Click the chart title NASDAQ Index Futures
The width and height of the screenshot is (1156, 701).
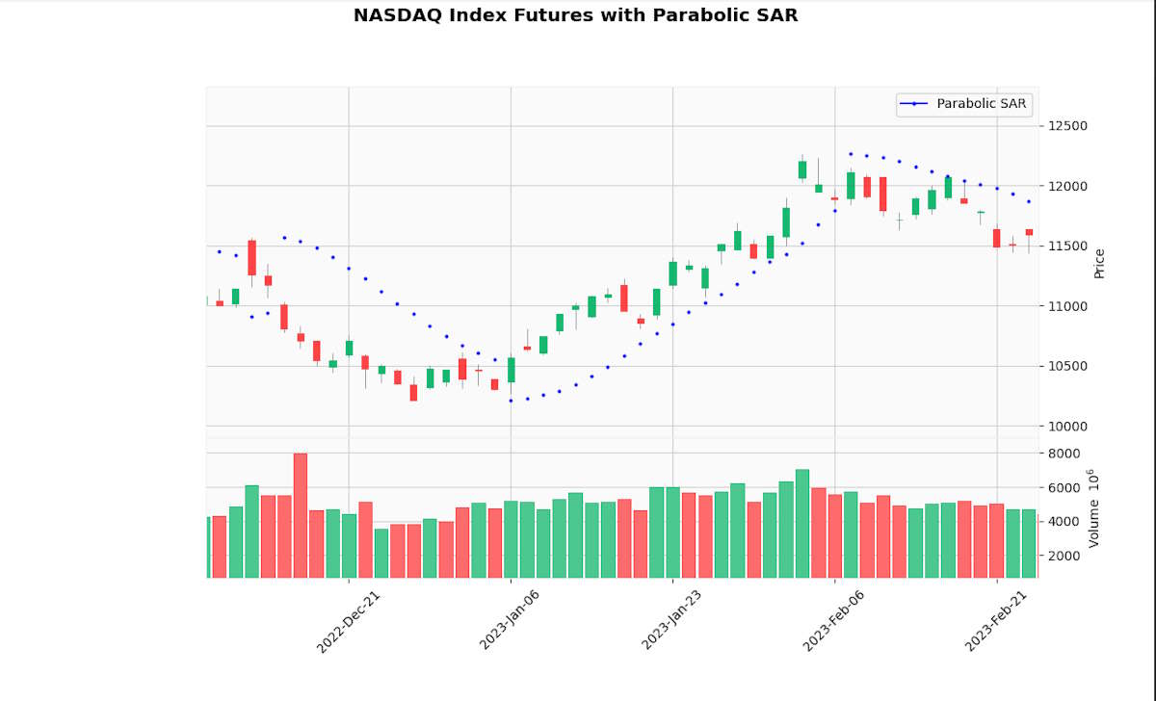(x=575, y=15)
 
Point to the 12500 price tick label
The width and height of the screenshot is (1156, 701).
(x=1067, y=126)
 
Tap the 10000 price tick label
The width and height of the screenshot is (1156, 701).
(x=1067, y=427)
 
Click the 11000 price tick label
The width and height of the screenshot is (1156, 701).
(x=1067, y=306)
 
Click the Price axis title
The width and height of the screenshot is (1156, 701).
(x=1099, y=264)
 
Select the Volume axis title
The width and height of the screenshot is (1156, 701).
(x=1093, y=508)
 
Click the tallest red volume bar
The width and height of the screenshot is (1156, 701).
(x=301, y=515)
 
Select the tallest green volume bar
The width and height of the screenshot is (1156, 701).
(x=802, y=523)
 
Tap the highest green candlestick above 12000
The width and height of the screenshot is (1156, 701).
(x=802, y=169)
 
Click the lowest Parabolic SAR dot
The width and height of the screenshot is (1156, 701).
(x=511, y=401)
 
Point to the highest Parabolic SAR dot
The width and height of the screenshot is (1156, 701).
(x=851, y=153)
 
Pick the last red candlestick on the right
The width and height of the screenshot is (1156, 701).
(x=1029, y=232)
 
